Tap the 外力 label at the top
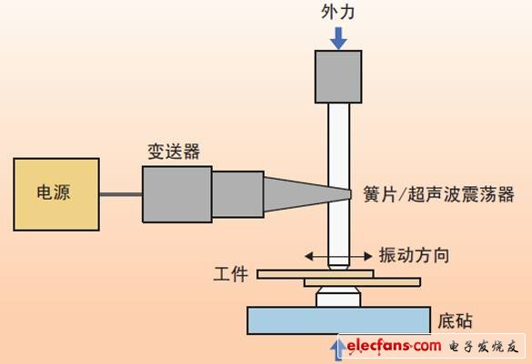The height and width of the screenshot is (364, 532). pyautogui.click(x=338, y=12)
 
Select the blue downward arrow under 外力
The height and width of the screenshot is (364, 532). pyautogui.click(x=338, y=37)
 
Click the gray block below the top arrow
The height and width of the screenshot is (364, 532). pyautogui.click(x=338, y=75)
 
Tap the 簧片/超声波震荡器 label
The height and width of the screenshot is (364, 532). pyautogui.click(x=437, y=194)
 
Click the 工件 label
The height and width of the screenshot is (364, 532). pyautogui.click(x=229, y=273)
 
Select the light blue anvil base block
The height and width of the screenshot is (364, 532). pyautogui.click(x=338, y=320)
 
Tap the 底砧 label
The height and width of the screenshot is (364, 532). pyautogui.click(x=455, y=320)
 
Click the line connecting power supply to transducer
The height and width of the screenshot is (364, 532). pyautogui.click(x=120, y=194)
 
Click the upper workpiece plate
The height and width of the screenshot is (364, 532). pyautogui.click(x=315, y=272)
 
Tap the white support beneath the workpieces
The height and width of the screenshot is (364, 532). pyautogui.click(x=337, y=297)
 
